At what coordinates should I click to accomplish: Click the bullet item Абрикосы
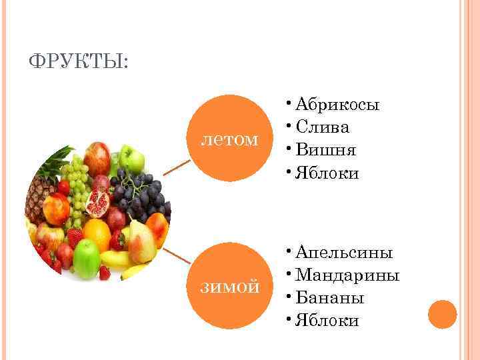click(x=337, y=105)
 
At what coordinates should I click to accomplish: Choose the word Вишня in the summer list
click(x=326, y=151)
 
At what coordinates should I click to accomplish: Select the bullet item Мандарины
click(x=347, y=275)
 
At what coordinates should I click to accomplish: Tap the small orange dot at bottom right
click(x=442, y=314)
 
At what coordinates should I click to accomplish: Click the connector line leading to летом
click(x=177, y=167)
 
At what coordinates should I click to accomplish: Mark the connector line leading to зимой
click(x=177, y=256)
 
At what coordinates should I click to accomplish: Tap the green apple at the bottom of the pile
click(x=87, y=260)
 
